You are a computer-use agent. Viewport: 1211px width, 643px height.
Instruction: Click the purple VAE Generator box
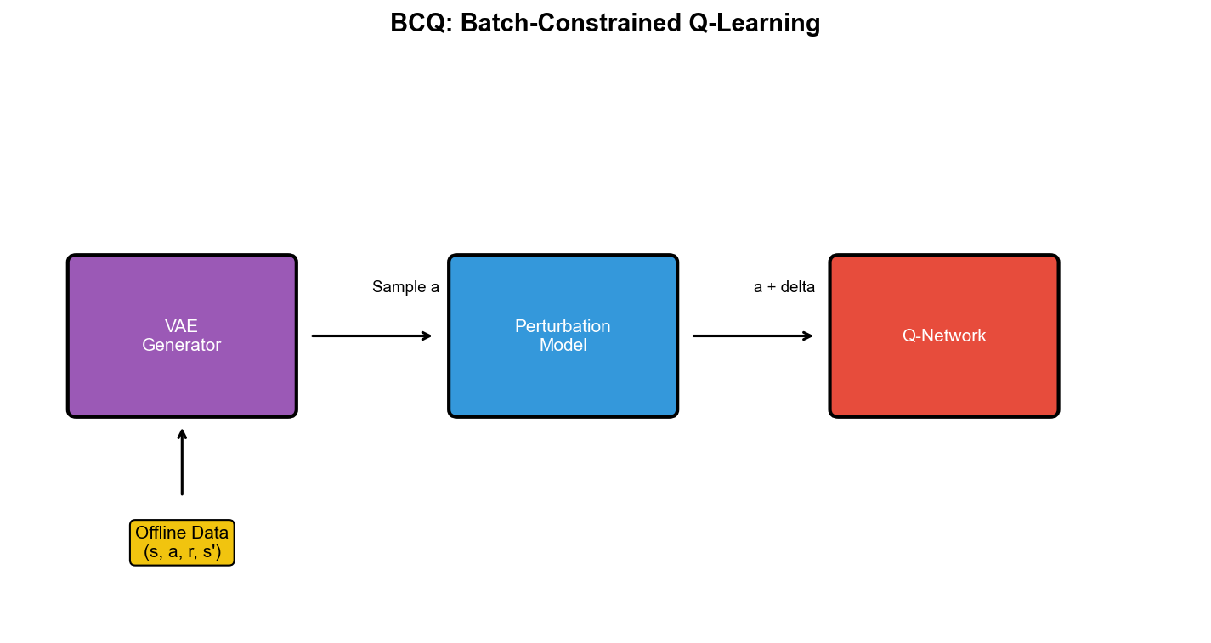[182, 374]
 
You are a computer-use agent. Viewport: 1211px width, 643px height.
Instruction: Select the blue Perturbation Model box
[563, 378]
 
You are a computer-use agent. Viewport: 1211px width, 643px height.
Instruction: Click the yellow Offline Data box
[182, 543]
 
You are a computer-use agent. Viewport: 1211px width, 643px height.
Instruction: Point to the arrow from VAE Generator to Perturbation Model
[371, 336]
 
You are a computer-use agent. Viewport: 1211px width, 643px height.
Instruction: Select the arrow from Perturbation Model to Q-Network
[752, 336]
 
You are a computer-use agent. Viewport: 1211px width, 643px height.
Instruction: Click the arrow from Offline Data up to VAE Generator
[182, 462]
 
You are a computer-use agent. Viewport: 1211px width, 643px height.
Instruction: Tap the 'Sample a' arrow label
[405, 287]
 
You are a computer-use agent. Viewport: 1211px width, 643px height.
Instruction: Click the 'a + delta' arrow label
[784, 287]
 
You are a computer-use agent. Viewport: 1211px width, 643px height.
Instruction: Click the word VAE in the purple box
[181, 326]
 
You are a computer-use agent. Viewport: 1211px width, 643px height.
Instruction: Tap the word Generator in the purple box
[181, 346]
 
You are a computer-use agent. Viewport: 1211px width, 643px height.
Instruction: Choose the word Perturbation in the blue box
[563, 326]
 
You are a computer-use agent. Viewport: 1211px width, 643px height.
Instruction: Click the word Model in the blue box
[563, 346]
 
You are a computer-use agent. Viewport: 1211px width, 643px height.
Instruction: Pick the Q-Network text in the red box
[943, 336]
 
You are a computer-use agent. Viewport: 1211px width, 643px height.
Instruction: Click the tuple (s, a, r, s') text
[182, 552]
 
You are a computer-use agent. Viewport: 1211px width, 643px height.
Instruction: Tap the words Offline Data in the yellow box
[182, 533]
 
